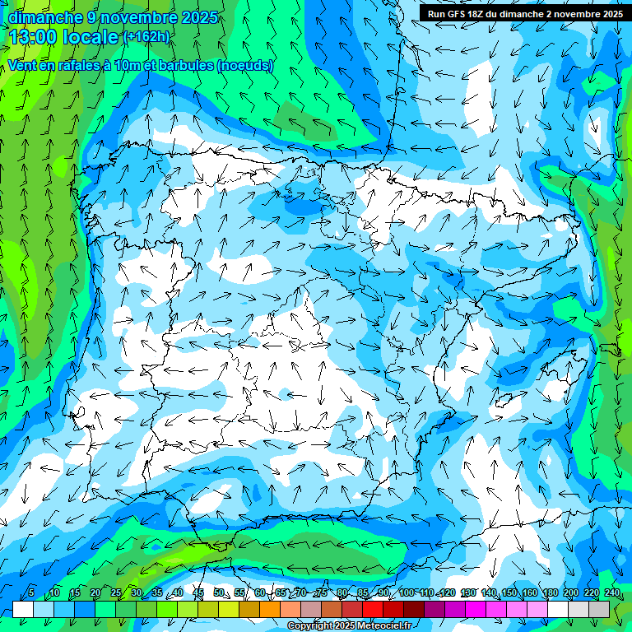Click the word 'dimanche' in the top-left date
44,17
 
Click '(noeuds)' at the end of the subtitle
245,66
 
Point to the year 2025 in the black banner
607,14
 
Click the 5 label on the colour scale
30,592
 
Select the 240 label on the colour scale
612,592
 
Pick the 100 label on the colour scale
407,592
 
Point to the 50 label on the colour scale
219,592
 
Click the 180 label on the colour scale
550,592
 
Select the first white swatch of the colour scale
23,609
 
